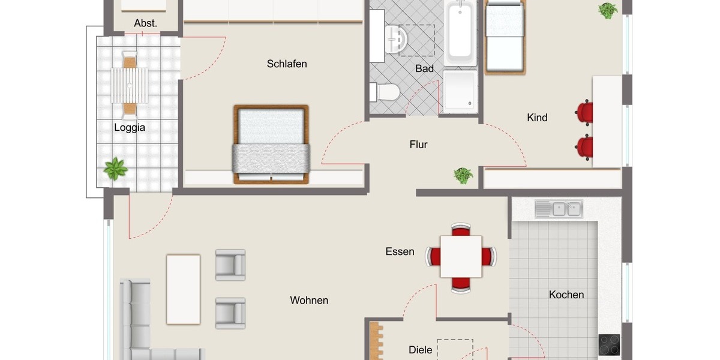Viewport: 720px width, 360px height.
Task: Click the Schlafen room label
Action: tap(287, 64)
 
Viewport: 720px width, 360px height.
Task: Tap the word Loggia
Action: tap(130, 127)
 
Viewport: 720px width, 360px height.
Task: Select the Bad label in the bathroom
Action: tap(424, 69)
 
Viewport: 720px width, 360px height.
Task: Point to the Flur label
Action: tap(418, 145)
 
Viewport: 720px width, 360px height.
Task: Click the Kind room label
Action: tap(537, 118)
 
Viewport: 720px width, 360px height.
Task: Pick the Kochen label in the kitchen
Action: tap(566, 295)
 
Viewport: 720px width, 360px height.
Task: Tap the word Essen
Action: tap(400, 252)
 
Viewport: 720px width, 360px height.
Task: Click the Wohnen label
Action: tap(309, 301)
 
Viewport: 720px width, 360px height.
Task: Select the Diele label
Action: tap(420, 350)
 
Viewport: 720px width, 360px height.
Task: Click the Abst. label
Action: tap(145, 23)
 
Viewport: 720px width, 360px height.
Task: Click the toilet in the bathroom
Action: tap(385, 92)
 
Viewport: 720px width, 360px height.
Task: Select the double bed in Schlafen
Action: tap(271, 145)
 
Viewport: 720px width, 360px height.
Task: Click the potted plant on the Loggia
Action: tap(115, 169)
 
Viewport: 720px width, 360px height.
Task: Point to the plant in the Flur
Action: tap(463, 175)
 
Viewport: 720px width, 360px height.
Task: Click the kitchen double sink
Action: tap(559, 209)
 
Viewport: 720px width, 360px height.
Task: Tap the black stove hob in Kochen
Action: tap(609, 344)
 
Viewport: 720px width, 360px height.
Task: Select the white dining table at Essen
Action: tap(461, 256)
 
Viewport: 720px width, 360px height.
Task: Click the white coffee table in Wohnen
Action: tap(183, 289)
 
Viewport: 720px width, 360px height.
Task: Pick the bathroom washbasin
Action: tap(396, 39)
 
